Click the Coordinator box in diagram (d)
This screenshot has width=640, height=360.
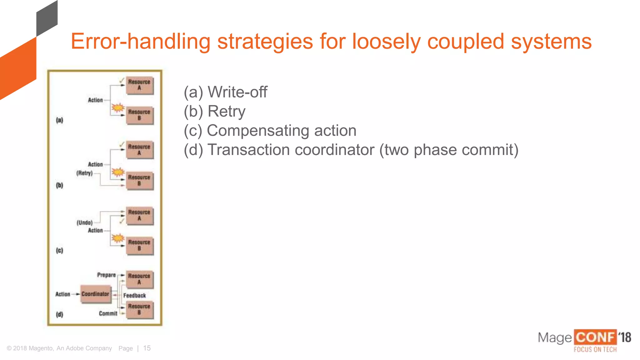[x=96, y=294]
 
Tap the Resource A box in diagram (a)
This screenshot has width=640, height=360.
[x=139, y=85]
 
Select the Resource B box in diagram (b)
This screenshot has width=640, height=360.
[x=139, y=180]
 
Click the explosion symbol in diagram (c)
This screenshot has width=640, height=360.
[x=118, y=238]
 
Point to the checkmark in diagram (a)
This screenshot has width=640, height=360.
[x=122, y=81]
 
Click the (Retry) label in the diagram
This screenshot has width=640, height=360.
[x=84, y=173]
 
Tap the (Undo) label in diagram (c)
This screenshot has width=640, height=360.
[x=84, y=222]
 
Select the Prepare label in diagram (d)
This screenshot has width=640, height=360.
[x=106, y=275]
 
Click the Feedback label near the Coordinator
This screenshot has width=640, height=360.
[x=134, y=296]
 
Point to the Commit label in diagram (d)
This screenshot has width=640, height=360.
[x=108, y=313]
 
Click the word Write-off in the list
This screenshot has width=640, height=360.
[x=237, y=92]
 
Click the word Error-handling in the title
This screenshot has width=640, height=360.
[x=141, y=41]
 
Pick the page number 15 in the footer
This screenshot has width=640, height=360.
[x=147, y=348]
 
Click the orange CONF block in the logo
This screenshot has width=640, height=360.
[x=595, y=337]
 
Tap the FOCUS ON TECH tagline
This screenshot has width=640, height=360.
[x=595, y=349]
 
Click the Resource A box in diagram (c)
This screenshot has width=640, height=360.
[x=139, y=215]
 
